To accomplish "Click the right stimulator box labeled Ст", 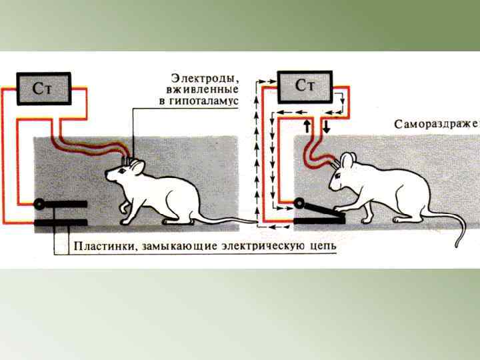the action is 305,86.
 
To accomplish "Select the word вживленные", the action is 205,89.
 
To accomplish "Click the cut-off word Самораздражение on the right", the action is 436,124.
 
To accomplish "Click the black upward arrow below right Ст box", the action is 307,126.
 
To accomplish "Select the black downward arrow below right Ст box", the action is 326,126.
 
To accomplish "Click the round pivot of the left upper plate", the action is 40,204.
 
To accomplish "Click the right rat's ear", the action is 347,160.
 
